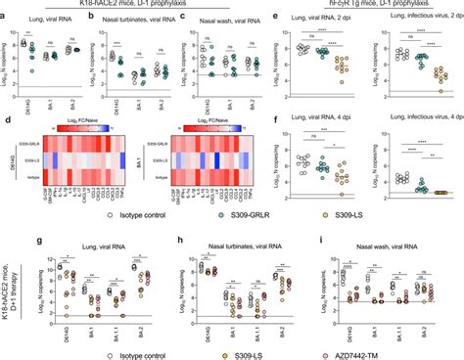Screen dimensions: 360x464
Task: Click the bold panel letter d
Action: (5, 119)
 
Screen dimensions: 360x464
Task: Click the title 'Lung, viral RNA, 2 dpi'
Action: (352, 19)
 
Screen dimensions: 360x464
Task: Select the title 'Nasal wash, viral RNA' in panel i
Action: (389, 242)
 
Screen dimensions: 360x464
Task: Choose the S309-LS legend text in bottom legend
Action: (267, 350)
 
